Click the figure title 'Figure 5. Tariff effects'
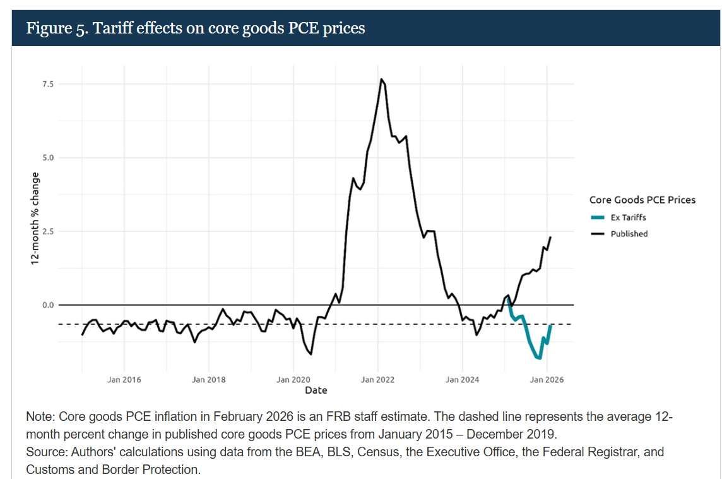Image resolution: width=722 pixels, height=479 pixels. click(x=195, y=28)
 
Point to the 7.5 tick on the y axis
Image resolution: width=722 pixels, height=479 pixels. click(x=48, y=84)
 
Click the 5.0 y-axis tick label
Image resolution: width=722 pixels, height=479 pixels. click(x=48, y=157)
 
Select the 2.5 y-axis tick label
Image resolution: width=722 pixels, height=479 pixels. click(x=48, y=231)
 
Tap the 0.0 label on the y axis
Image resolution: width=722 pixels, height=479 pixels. click(x=48, y=305)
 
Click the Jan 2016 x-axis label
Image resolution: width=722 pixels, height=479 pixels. click(x=124, y=380)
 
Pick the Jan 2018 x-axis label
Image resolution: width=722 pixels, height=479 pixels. click(x=208, y=380)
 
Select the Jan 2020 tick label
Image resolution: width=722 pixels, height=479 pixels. click(x=293, y=380)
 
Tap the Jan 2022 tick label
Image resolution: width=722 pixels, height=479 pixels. click(x=377, y=380)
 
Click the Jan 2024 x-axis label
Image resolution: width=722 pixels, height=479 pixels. click(x=462, y=380)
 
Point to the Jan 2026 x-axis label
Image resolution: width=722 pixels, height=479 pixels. click(x=547, y=380)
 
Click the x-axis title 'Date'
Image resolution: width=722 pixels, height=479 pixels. click(x=316, y=391)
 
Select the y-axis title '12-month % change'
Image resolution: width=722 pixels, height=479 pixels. click(x=35, y=218)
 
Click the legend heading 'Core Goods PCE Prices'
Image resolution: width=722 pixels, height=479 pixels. click(x=642, y=200)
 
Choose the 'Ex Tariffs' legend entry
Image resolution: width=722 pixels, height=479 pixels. click(x=628, y=217)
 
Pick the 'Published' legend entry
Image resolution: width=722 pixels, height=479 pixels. click(x=629, y=233)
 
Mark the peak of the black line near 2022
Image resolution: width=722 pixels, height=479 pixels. click(x=381, y=80)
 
